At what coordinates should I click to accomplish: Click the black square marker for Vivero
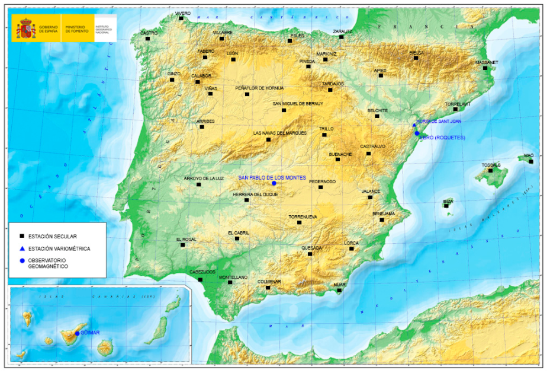click(182, 18)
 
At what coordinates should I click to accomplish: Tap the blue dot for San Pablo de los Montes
click(274, 183)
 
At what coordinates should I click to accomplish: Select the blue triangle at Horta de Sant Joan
click(414, 125)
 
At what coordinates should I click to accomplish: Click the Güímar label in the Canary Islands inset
click(91, 333)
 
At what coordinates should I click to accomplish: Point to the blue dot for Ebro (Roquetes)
click(417, 133)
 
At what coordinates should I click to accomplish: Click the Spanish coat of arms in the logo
click(27, 28)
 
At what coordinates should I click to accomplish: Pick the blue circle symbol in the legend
click(21, 261)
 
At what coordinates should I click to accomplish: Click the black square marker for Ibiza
click(446, 206)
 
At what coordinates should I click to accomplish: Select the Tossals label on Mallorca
click(491, 165)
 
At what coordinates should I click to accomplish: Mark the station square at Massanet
click(485, 68)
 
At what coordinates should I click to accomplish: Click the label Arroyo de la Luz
click(204, 178)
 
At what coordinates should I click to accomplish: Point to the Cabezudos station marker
click(200, 279)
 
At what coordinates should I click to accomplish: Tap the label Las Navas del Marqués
click(280, 133)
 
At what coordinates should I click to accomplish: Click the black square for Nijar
click(339, 290)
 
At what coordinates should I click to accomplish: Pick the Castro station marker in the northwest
click(147, 39)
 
